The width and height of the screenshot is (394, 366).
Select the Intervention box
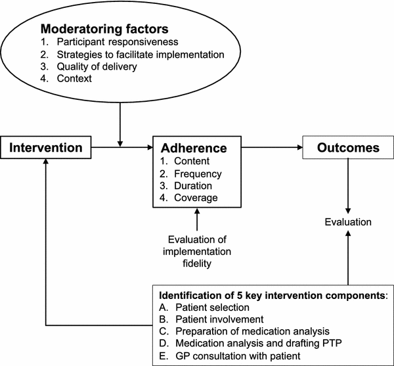pyautogui.click(x=45, y=148)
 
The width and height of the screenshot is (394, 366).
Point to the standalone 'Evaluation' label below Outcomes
pyautogui.click(x=348, y=223)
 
